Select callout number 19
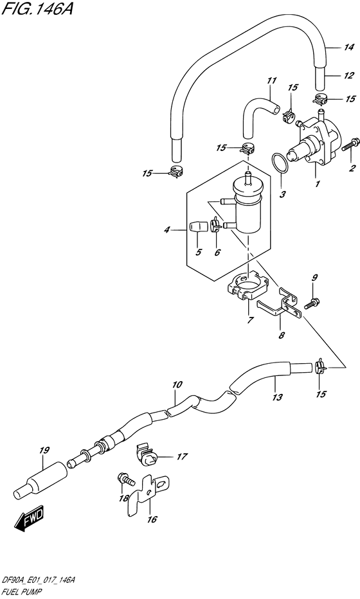43,451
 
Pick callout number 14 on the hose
348,47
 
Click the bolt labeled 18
125,479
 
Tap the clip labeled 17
148,457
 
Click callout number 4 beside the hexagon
166,229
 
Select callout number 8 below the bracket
282,334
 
